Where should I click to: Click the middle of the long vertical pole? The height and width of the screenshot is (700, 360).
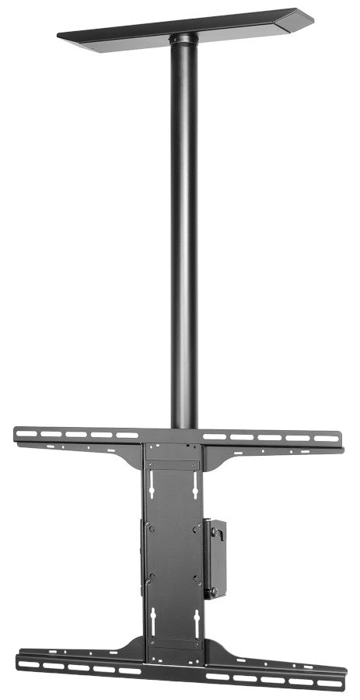[x=183, y=233]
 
